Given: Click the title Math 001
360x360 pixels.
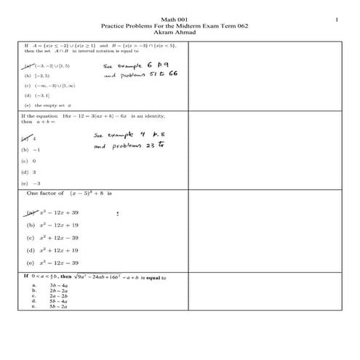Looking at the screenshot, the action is click(180, 19).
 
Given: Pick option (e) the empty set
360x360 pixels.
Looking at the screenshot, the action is click(45, 106).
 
